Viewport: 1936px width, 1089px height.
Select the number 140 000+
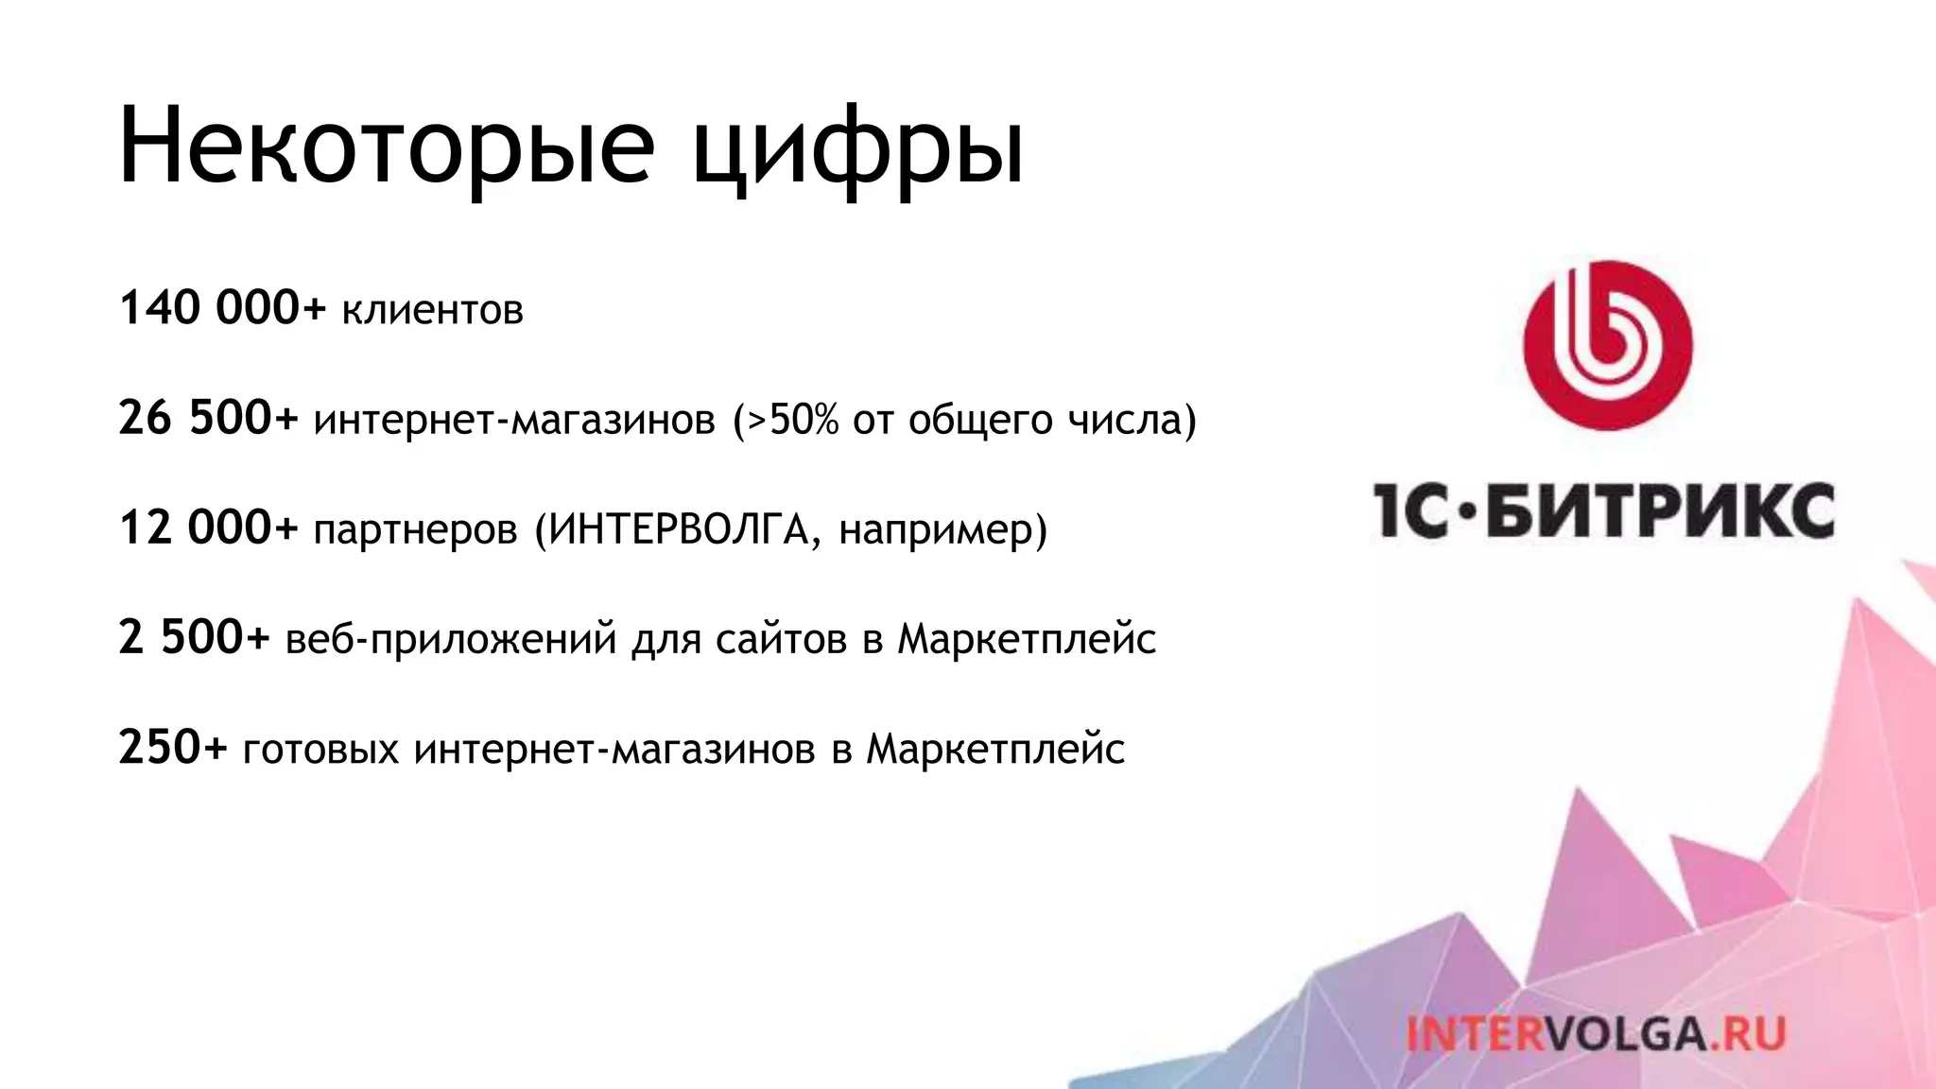(x=222, y=308)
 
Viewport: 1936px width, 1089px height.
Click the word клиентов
(x=432, y=310)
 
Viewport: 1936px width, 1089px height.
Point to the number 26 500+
(x=208, y=418)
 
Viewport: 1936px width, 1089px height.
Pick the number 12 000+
(x=208, y=527)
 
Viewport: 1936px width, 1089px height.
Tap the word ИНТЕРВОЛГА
(x=679, y=528)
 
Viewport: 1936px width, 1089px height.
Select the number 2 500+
(x=194, y=637)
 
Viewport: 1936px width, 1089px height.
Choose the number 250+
(x=173, y=747)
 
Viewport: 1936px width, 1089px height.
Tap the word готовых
(x=321, y=750)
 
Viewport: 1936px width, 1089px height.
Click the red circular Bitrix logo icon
(x=1607, y=346)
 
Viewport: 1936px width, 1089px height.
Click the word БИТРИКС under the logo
(x=1660, y=510)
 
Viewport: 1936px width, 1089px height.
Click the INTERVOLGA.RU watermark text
(x=1596, y=1033)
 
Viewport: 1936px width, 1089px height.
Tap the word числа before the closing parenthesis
(x=1124, y=420)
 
